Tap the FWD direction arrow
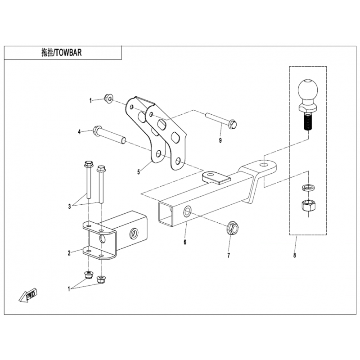(28, 295)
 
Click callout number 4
(79, 131)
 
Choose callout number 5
(139, 171)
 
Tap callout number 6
(185, 242)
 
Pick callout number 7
(228, 255)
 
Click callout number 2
(69, 253)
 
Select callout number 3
(70, 207)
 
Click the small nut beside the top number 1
(108, 98)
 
